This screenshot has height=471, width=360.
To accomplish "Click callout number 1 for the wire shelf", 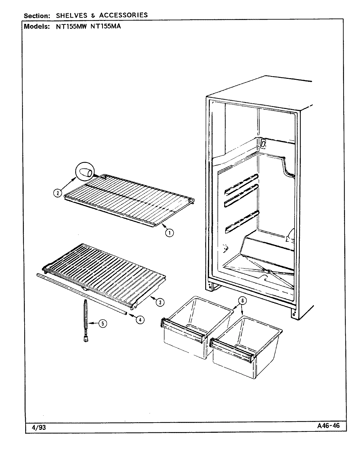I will (169, 233).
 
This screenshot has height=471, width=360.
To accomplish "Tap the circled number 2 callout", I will (57, 193).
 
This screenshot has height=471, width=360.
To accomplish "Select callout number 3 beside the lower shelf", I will (160, 303).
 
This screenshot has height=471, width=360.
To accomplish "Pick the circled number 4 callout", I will (140, 320).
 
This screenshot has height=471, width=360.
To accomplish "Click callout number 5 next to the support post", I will (102, 324).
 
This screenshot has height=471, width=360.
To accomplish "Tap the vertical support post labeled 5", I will (86, 321).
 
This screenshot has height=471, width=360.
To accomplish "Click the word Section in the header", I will (36, 16).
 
